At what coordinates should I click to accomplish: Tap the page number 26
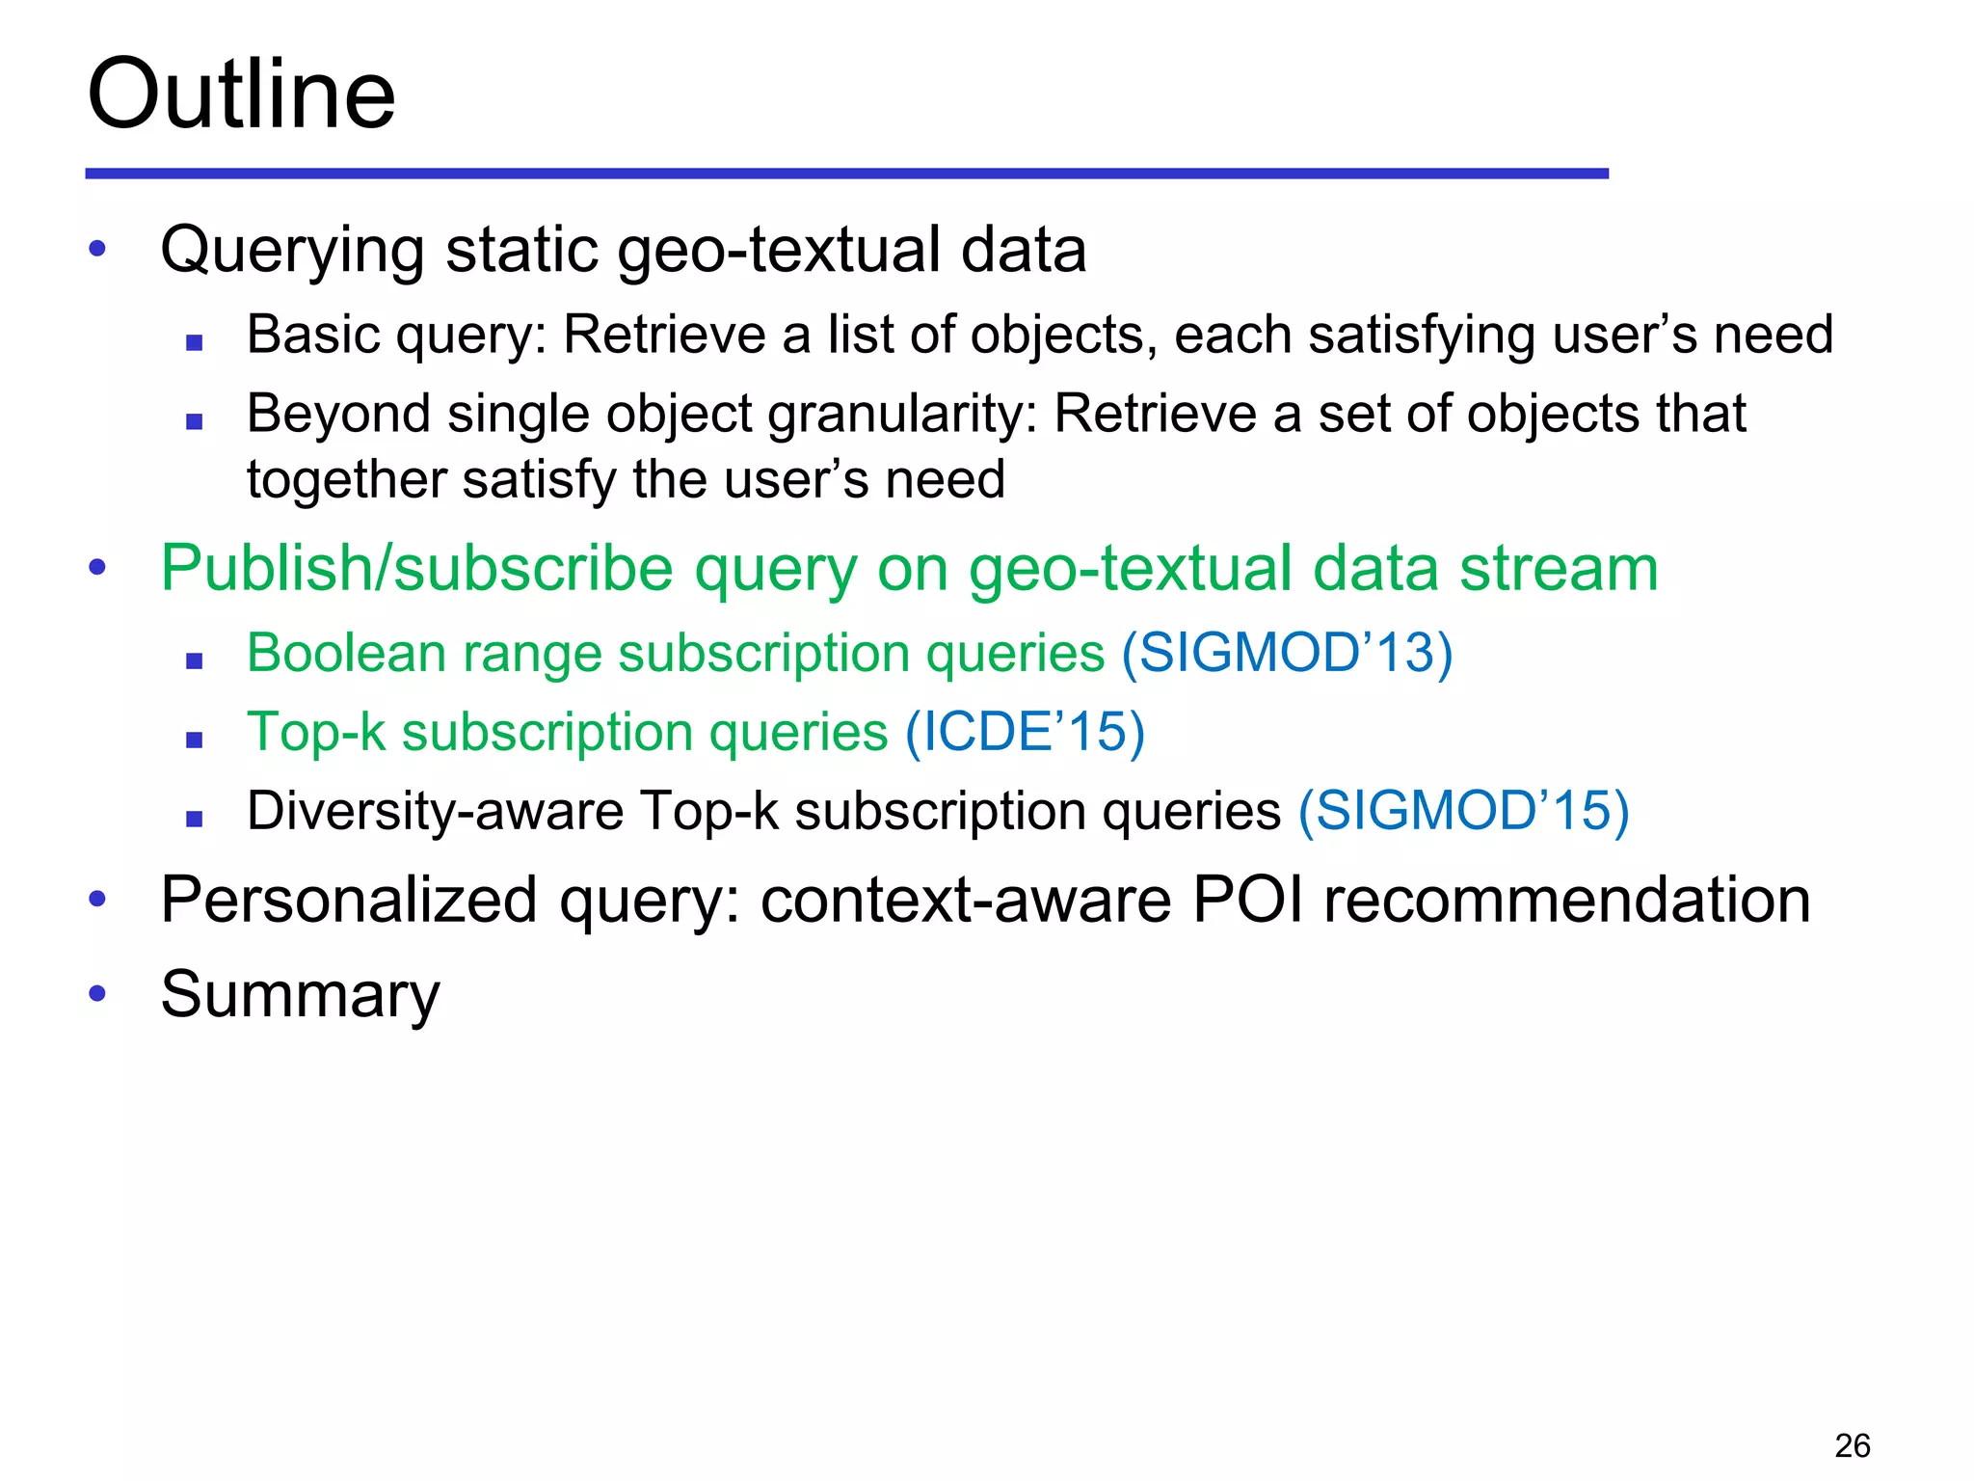(x=1852, y=1445)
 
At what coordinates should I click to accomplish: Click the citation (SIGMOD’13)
(x=1287, y=653)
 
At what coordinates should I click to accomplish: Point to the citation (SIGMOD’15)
(x=1463, y=810)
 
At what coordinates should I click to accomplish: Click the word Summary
(x=300, y=994)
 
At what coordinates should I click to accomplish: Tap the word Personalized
(x=348, y=900)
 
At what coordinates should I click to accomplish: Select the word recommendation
(x=1567, y=900)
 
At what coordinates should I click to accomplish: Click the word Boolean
(x=346, y=653)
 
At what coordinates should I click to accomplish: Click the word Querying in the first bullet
(x=292, y=251)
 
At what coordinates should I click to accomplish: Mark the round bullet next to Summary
(x=96, y=992)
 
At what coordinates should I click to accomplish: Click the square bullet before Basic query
(x=195, y=341)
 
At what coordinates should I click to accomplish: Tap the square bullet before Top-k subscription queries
(x=195, y=740)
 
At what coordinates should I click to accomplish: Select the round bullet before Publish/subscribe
(x=96, y=566)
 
